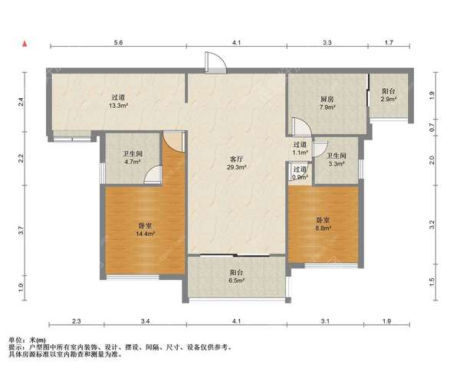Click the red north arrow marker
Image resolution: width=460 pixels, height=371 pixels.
click(x=25, y=44)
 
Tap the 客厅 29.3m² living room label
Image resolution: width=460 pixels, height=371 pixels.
click(x=236, y=163)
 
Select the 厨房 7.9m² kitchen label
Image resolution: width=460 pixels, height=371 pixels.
click(x=327, y=103)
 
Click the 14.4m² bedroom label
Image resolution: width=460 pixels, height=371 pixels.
click(x=145, y=230)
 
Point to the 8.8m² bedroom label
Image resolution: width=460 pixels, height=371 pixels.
click(x=323, y=224)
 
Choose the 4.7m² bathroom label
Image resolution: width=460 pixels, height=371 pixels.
click(x=132, y=157)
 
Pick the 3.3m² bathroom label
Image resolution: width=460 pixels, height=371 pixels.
click(x=337, y=159)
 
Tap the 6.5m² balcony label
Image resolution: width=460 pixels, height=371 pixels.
click(x=236, y=276)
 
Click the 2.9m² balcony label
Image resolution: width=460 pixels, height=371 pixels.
click(x=389, y=95)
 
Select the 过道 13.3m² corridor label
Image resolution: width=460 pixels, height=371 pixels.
click(x=119, y=101)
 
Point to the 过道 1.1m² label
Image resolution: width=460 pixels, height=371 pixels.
click(x=300, y=149)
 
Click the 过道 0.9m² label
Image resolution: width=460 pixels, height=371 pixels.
click(x=300, y=173)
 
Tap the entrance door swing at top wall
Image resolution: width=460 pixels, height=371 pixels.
click(x=215, y=62)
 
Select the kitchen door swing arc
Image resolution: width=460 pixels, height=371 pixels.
click(x=299, y=126)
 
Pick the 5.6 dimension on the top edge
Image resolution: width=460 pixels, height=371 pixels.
click(x=118, y=42)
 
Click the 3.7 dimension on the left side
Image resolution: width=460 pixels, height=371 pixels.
click(x=20, y=230)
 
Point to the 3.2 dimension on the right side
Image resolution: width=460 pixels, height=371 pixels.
click(x=431, y=225)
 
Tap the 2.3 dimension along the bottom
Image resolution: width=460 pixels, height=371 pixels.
click(x=76, y=321)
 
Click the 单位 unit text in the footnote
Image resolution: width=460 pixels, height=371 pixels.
click(x=15, y=340)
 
